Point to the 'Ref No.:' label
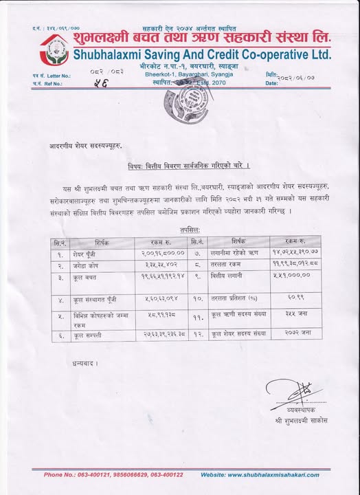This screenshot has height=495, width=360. [54, 83]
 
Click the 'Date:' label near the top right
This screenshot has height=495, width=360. [271, 83]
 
